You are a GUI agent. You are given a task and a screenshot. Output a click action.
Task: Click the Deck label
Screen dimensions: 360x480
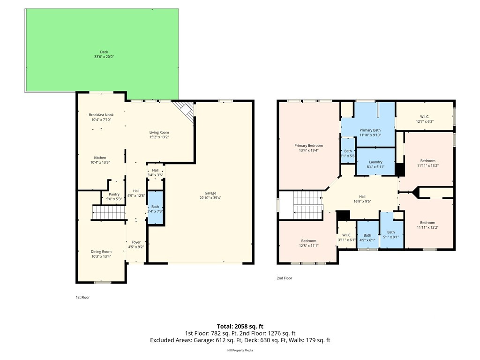click(x=104, y=52)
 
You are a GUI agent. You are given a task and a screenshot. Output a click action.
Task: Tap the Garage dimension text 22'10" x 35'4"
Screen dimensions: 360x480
click(x=210, y=198)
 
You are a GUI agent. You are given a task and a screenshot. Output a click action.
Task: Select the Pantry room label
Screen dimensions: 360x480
click(x=114, y=194)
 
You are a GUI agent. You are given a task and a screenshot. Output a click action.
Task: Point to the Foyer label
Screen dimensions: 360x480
click(x=136, y=242)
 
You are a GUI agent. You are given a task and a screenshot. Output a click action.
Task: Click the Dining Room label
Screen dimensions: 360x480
click(x=101, y=252)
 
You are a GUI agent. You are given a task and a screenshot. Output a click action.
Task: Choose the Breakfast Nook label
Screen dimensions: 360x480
click(x=101, y=115)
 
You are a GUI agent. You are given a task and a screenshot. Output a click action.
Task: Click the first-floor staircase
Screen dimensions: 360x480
click(x=109, y=213)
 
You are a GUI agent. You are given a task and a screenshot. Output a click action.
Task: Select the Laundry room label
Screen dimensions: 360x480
click(x=375, y=162)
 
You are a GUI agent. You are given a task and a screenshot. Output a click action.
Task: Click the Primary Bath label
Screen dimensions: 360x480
click(x=370, y=130)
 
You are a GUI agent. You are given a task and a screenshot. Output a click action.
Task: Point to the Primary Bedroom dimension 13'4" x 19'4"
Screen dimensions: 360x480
click(x=309, y=150)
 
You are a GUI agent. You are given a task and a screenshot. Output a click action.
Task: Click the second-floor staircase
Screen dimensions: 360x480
click(x=307, y=205)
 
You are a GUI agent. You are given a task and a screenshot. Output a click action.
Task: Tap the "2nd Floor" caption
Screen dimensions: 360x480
click(x=284, y=278)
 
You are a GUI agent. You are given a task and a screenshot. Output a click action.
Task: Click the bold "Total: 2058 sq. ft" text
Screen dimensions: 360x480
click(x=240, y=326)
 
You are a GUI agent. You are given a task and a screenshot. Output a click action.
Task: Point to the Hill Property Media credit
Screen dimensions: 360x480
click(x=240, y=350)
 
